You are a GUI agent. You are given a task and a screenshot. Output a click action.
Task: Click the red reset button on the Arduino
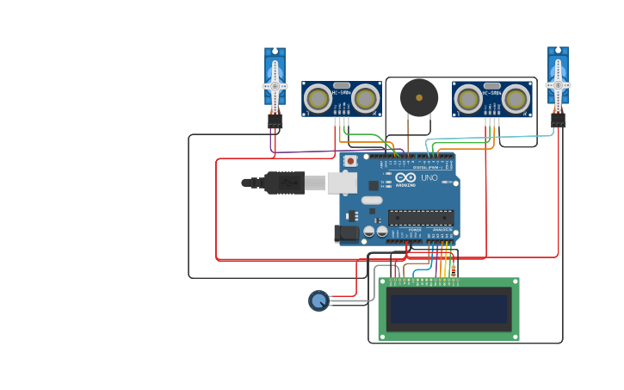tap(350, 160)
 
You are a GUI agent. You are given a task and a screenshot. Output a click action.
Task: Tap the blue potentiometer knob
tap(318, 300)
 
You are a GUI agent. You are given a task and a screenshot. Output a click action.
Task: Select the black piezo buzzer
tap(418, 97)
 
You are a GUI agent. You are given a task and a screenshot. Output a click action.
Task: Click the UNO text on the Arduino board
tap(429, 178)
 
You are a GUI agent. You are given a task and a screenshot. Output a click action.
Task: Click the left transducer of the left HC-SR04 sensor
tap(318, 99)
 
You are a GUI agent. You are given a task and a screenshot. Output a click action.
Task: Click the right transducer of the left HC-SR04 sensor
tap(365, 99)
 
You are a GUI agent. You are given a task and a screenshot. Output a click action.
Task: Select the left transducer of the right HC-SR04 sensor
tap(468, 98)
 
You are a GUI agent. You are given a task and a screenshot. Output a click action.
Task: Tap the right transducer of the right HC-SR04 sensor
tap(516, 98)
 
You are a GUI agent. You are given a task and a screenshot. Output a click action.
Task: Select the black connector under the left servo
tap(275, 122)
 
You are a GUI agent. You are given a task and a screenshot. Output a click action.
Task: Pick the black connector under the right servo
tap(559, 121)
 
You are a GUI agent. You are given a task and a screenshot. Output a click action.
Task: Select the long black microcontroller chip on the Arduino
tap(420, 217)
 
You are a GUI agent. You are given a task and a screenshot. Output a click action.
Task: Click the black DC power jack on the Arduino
tap(347, 232)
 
